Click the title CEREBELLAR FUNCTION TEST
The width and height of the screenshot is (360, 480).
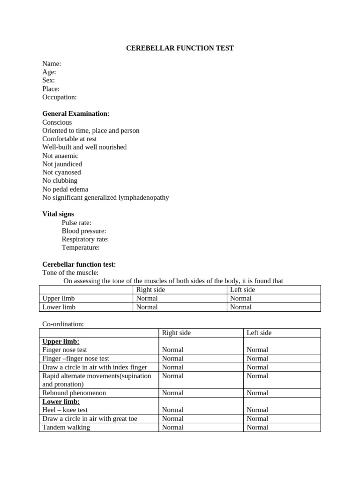[x=180, y=48]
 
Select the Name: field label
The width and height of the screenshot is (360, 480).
[x=52, y=64]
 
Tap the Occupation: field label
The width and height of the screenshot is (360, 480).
[x=60, y=97]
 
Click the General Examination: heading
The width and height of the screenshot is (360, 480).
[x=76, y=114]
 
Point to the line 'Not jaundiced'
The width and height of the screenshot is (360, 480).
[x=62, y=164]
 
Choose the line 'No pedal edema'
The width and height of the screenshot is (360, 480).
[x=65, y=189]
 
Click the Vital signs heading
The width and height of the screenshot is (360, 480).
[x=58, y=214]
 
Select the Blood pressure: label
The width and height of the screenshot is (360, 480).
[x=84, y=231]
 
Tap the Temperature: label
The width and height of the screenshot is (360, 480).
[x=81, y=247]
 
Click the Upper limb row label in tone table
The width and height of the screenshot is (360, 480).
[x=59, y=299]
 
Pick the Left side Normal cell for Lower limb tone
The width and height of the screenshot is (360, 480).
[x=241, y=307]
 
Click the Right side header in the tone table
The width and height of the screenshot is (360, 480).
[x=150, y=290]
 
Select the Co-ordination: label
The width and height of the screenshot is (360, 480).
[x=63, y=324]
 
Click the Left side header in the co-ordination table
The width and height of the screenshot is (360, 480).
[x=259, y=333]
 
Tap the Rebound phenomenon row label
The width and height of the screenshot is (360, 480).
[x=74, y=393]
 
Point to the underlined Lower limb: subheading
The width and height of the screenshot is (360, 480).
[x=61, y=402]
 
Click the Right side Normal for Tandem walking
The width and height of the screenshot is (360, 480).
[x=172, y=427]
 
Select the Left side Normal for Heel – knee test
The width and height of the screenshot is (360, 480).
[x=257, y=410]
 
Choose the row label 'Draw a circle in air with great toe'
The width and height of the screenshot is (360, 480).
[x=90, y=419]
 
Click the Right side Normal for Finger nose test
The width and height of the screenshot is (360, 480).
[x=172, y=350]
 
